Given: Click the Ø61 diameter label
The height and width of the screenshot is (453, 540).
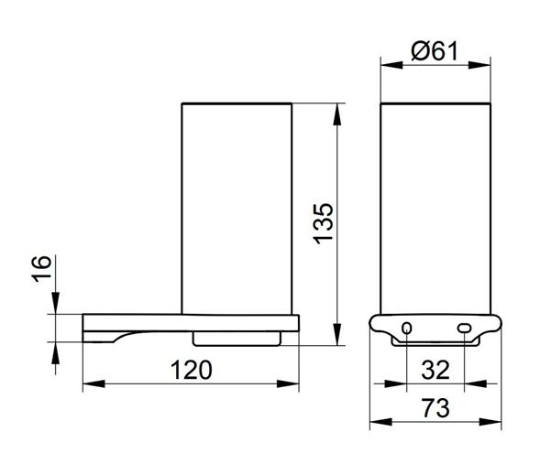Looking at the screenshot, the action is [x=435, y=51].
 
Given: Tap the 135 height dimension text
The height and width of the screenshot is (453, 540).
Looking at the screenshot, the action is [x=324, y=223].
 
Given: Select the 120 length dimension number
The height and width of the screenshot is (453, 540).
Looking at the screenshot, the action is [x=191, y=370].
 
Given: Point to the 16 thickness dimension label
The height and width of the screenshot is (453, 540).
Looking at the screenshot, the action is [x=42, y=269].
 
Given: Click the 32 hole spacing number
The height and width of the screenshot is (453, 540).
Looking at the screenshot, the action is [x=435, y=370].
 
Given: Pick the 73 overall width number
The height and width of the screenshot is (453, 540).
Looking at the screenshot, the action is [x=435, y=408].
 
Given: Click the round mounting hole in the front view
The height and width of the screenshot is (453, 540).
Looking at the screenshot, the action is [x=407, y=329].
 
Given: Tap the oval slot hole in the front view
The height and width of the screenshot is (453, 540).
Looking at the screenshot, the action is [x=464, y=329].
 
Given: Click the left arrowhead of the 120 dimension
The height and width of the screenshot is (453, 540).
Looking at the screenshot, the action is [x=94, y=383].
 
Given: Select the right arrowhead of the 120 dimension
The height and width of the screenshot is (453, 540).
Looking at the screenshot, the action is [x=288, y=383].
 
